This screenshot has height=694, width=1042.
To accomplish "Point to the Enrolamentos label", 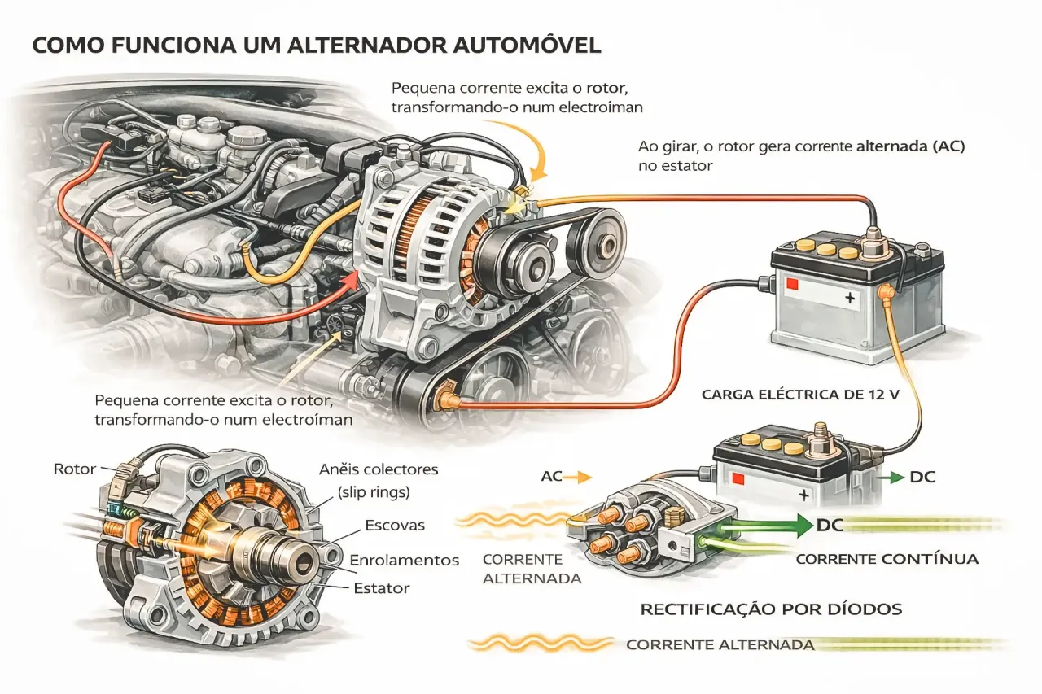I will (405, 561).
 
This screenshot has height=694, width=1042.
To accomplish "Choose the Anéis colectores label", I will (379, 469).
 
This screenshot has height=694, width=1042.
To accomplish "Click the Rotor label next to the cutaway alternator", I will (75, 469).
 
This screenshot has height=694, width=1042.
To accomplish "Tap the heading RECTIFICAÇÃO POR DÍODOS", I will (771, 609).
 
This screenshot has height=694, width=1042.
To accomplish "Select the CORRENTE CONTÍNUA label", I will (887, 559).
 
